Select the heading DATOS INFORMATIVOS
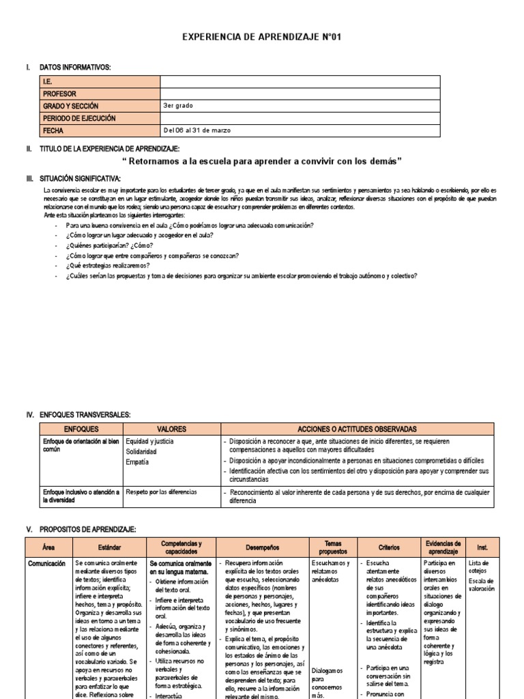pyautogui.click(x=75, y=67)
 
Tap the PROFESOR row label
pyautogui.click(x=60, y=94)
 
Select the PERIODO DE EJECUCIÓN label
pyautogui.click(x=80, y=118)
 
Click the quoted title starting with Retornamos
pyautogui.click(x=262, y=161)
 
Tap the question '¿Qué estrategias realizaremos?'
pyautogui.click(x=108, y=266)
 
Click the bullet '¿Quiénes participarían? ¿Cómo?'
pyautogui.click(x=109, y=245)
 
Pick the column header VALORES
pyautogui.click(x=171, y=429)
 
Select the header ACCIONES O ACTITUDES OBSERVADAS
pyautogui.click(x=358, y=429)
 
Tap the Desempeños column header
pyautogui.click(x=262, y=547)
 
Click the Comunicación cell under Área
pyautogui.click(x=46, y=564)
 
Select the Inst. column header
pyautogui.click(x=482, y=547)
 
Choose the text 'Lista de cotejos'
pyautogui.click(x=479, y=567)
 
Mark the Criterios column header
pyautogui.click(x=386, y=547)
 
